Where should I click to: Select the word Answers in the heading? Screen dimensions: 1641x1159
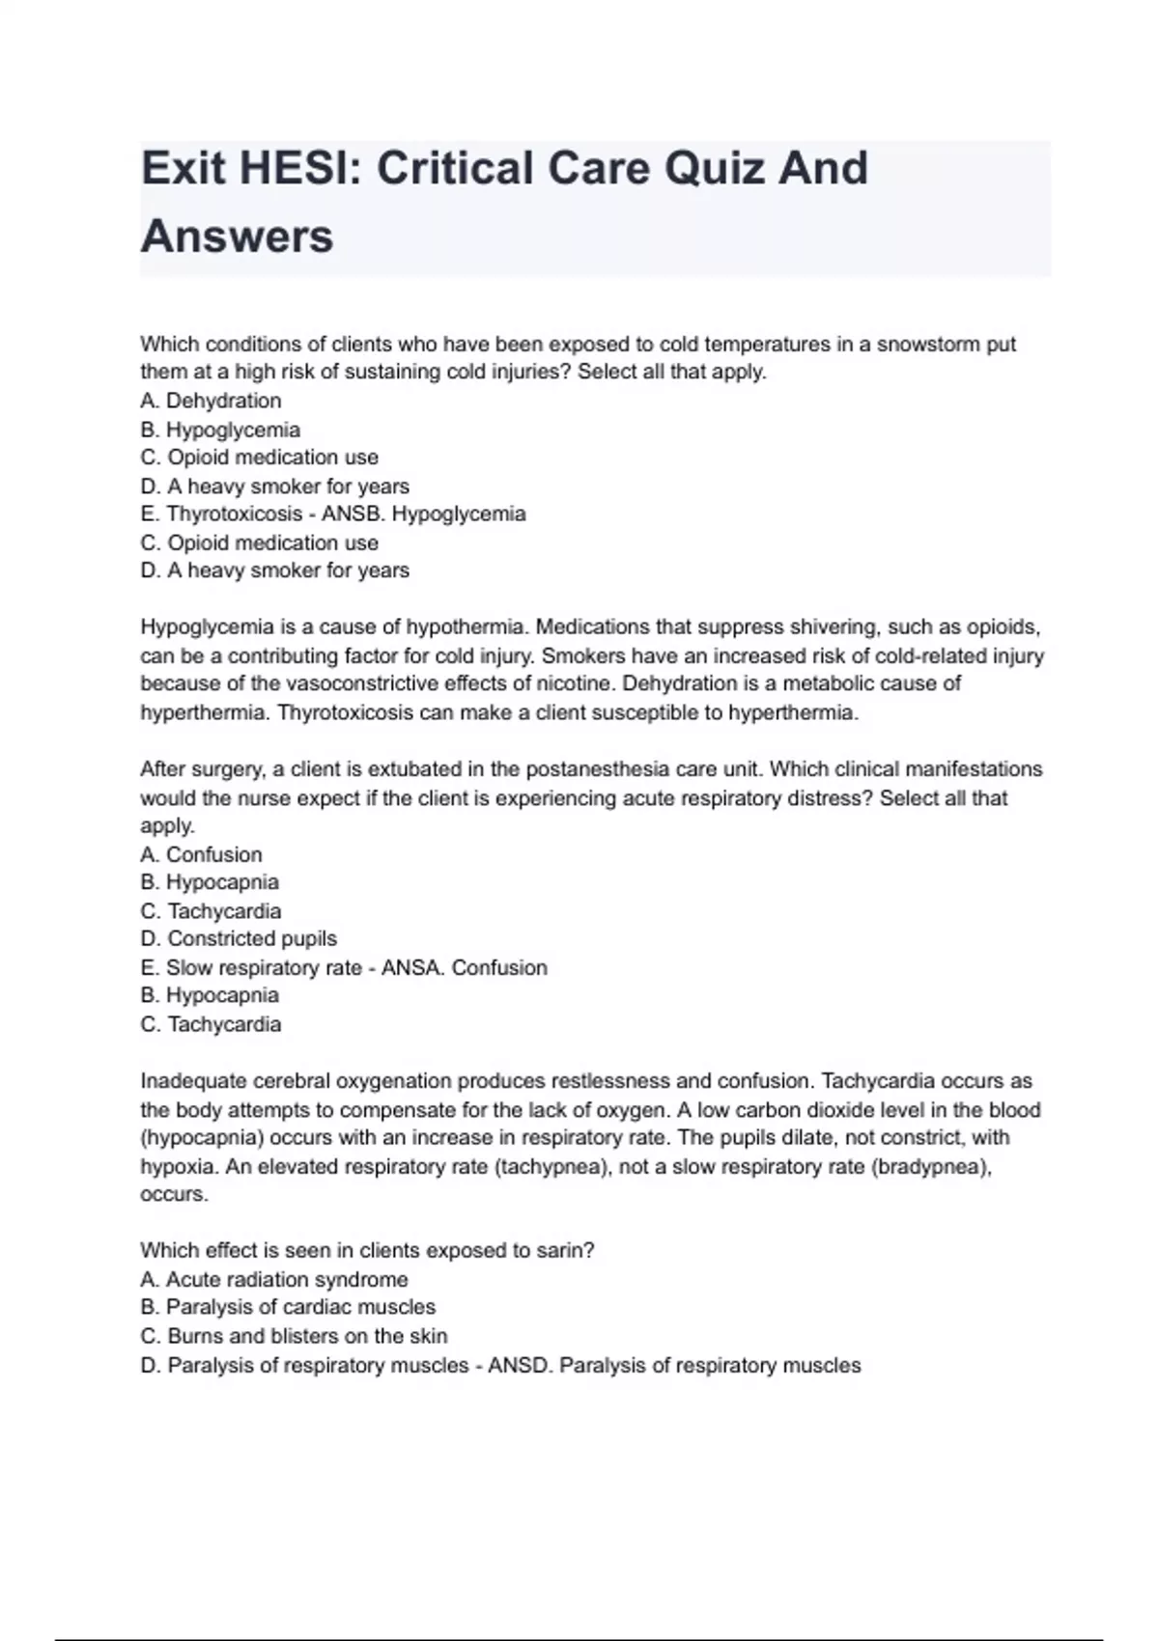point(238,236)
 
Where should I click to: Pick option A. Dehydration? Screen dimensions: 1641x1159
point(211,401)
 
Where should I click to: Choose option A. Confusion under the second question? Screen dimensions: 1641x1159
point(201,854)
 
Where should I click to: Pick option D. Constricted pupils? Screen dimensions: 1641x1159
point(239,939)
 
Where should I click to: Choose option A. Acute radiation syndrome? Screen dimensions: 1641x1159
point(274,1280)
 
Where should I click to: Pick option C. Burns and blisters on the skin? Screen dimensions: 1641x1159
point(294,1336)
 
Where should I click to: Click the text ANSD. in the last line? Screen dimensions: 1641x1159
point(520,1365)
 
